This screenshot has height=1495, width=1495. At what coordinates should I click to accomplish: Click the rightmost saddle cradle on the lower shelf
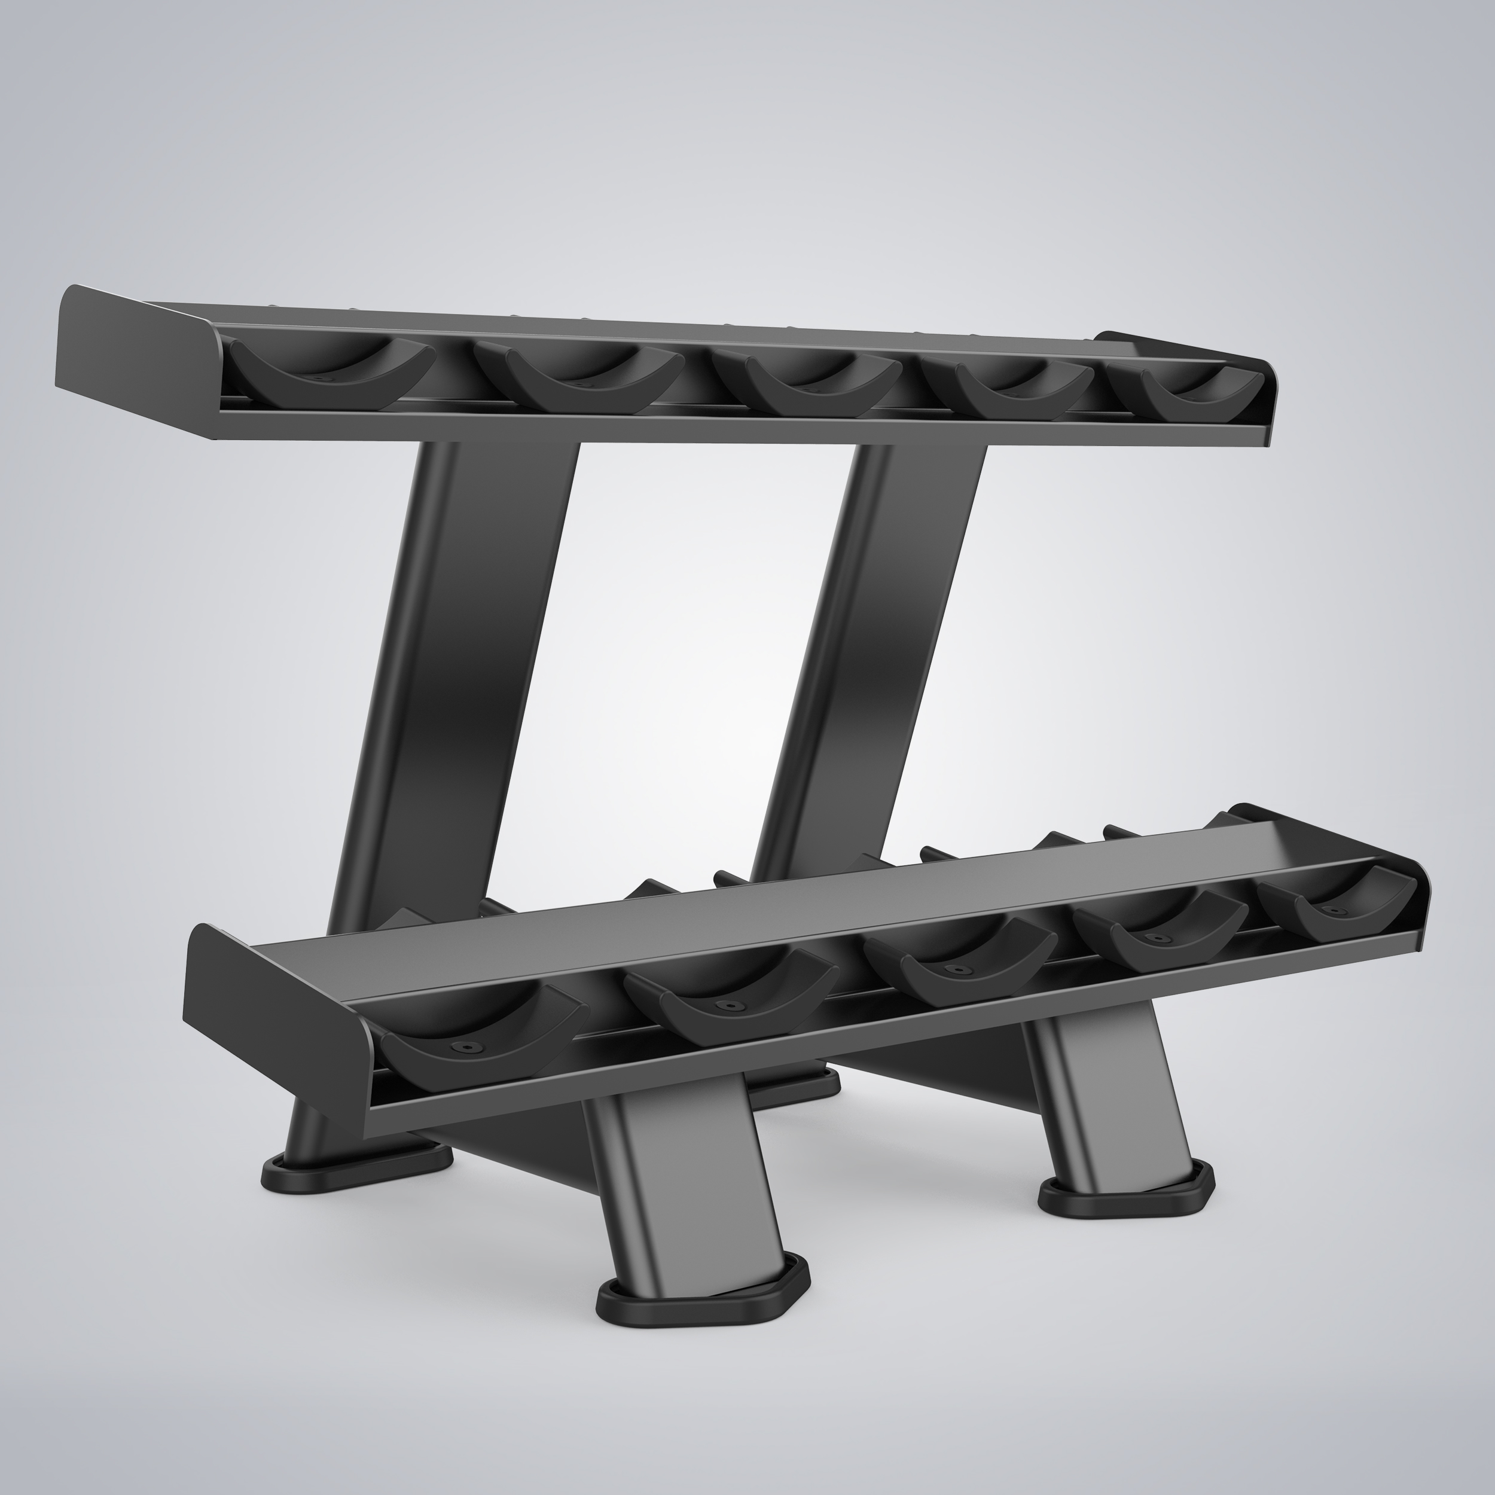click(1335, 909)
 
